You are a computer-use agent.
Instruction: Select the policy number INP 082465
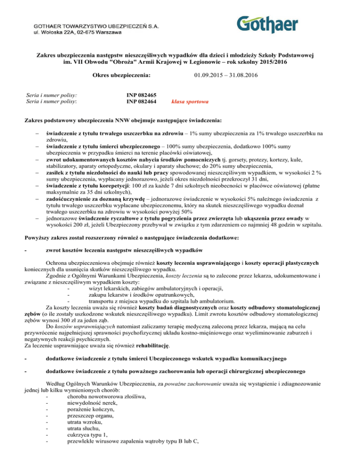142,95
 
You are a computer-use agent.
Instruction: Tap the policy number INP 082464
142,101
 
